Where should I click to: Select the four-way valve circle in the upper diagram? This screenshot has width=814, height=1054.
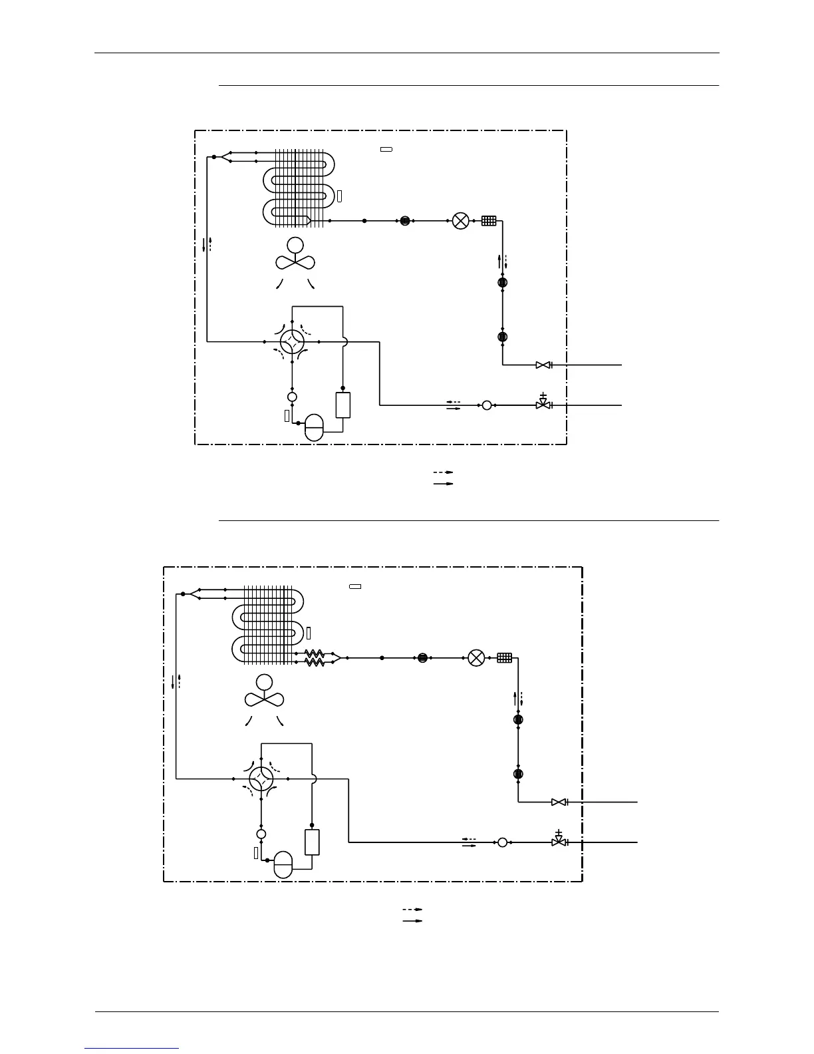(292, 342)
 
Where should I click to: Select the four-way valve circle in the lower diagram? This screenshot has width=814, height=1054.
(261, 779)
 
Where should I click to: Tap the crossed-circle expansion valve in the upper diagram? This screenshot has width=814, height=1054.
(460, 221)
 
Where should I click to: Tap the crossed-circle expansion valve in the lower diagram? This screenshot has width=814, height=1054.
(476, 658)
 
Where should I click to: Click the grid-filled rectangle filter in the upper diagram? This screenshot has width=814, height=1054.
(489, 221)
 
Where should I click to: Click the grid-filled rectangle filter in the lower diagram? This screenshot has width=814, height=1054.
(505, 658)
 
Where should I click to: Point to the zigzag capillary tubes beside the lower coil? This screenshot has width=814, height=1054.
(315, 658)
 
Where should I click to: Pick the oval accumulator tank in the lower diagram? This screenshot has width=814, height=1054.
(283, 864)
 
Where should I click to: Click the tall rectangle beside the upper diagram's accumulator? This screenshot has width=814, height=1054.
(342, 405)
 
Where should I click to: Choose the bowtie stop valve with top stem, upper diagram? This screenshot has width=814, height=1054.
(543, 404)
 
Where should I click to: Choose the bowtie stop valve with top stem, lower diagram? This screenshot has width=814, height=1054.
(559, 841)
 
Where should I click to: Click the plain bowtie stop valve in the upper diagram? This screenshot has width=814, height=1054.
(543, 365)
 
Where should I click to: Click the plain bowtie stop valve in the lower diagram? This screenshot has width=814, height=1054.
(559, 802)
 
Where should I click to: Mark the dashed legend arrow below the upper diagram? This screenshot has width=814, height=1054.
(443, 472)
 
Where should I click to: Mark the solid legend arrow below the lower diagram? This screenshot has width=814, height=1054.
(412, 921)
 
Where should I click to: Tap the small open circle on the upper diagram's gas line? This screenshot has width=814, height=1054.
(487, 405)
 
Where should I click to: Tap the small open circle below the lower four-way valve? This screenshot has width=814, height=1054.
(261, 834)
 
